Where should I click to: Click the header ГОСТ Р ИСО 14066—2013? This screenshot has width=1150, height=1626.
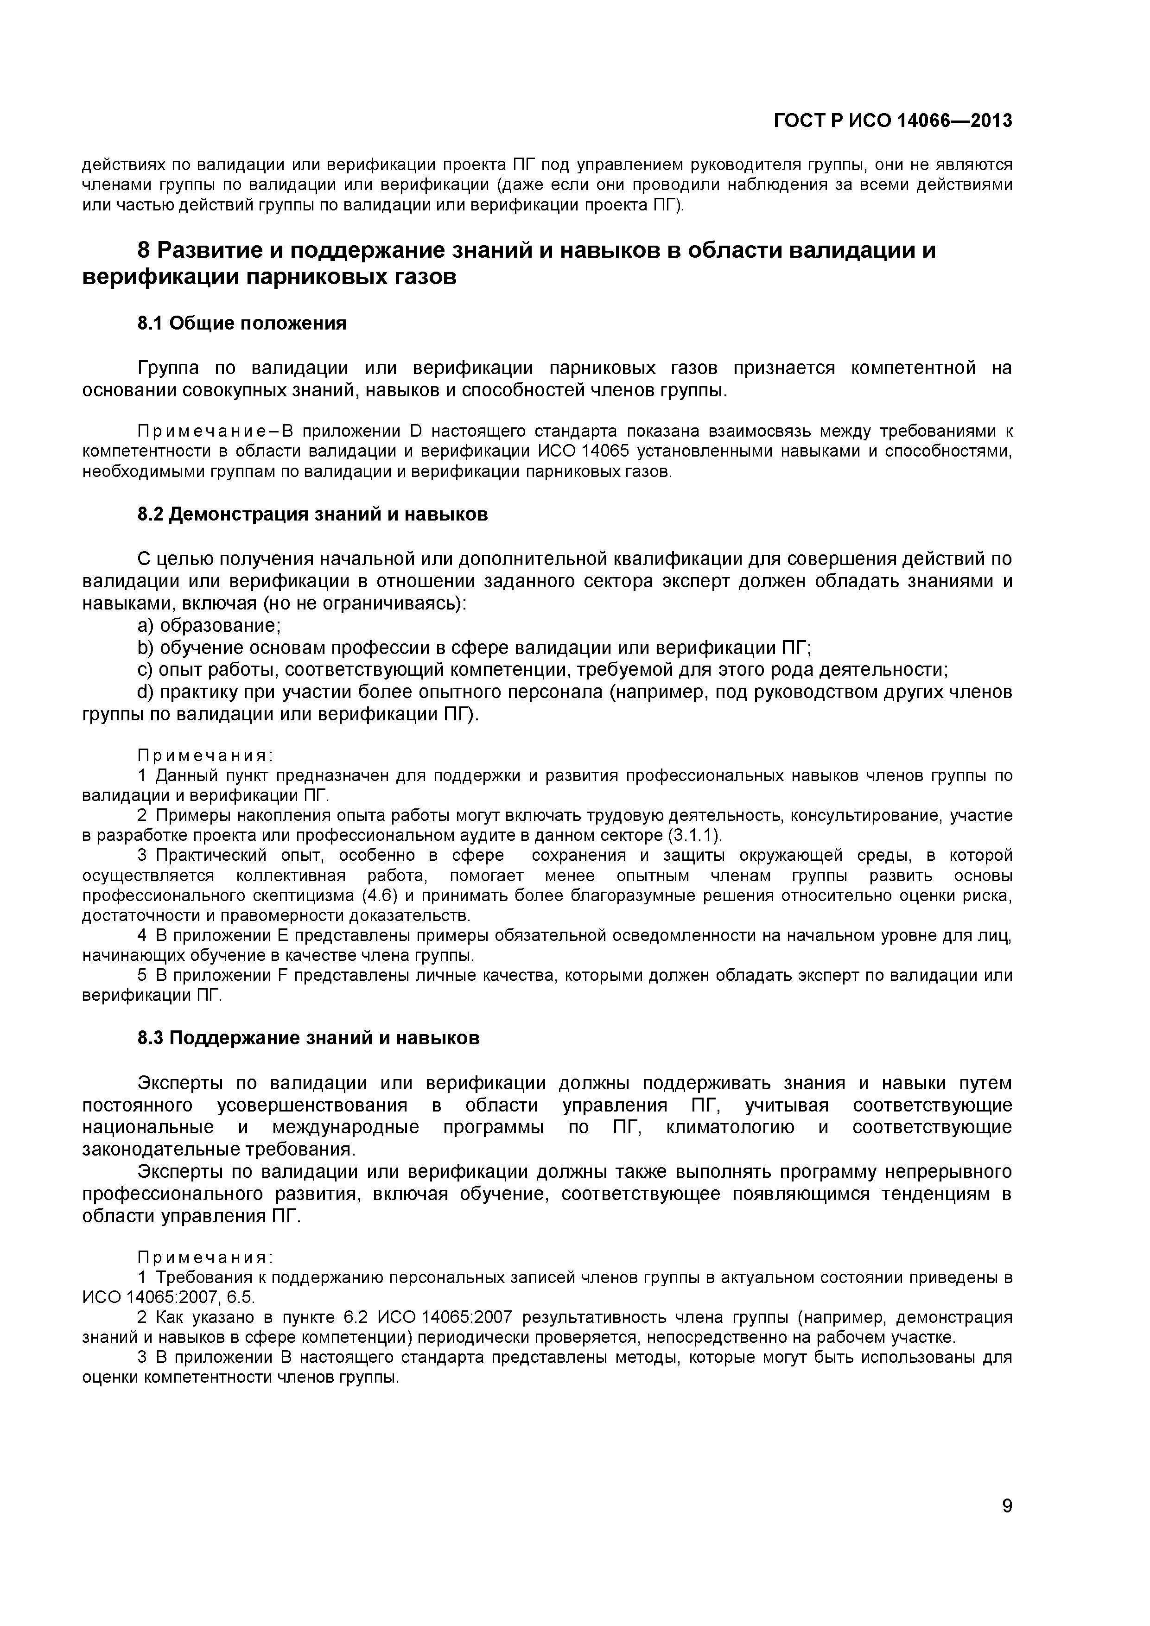[892, 121]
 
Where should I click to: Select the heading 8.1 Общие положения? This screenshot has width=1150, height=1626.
[241, 324]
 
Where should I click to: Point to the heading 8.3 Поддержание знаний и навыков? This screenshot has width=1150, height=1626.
[308, 1038]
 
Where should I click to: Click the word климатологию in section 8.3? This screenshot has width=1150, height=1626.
[730, 1127]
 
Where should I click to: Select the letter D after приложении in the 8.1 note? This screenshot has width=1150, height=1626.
[416, 431]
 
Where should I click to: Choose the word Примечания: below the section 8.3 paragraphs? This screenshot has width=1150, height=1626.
[205, 1257]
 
